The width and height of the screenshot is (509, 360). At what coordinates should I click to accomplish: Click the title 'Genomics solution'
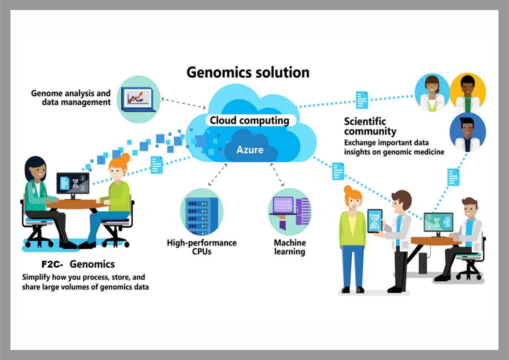click(x=248, y=72)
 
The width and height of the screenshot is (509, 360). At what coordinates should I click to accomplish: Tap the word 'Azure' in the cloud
click(x=250, y=150)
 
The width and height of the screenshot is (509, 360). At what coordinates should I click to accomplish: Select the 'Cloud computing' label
click(x=249, y=121)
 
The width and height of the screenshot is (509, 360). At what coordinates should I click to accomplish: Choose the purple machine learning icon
click(x=290, y=211)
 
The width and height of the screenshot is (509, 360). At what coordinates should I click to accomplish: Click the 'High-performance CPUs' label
click(x=202, y=247)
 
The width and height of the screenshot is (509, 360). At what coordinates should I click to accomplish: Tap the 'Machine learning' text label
click(x=290, y=247)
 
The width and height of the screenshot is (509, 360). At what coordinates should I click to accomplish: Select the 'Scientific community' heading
click(x=370, y=126)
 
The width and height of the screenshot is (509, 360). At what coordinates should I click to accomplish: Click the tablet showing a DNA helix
click(x=375, y=221)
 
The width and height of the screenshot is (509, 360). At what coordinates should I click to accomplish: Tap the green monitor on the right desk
click(x=438, y=222)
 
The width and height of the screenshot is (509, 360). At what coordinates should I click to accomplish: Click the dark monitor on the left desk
click(x=73, y=183)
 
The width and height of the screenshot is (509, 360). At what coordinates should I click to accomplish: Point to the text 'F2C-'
click(x=52, y=264)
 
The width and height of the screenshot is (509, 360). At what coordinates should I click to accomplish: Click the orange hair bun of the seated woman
click(x=125, y=158)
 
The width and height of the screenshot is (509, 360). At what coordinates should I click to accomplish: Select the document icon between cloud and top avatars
click(x=362, y=100)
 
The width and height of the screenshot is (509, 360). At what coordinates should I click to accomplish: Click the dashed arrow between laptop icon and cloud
click(x=183, y=103)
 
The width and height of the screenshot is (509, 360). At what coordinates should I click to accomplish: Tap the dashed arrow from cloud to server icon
click(x=218, y=175)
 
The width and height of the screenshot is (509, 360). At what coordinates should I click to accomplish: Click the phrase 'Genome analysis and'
click(x=71, y=93)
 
